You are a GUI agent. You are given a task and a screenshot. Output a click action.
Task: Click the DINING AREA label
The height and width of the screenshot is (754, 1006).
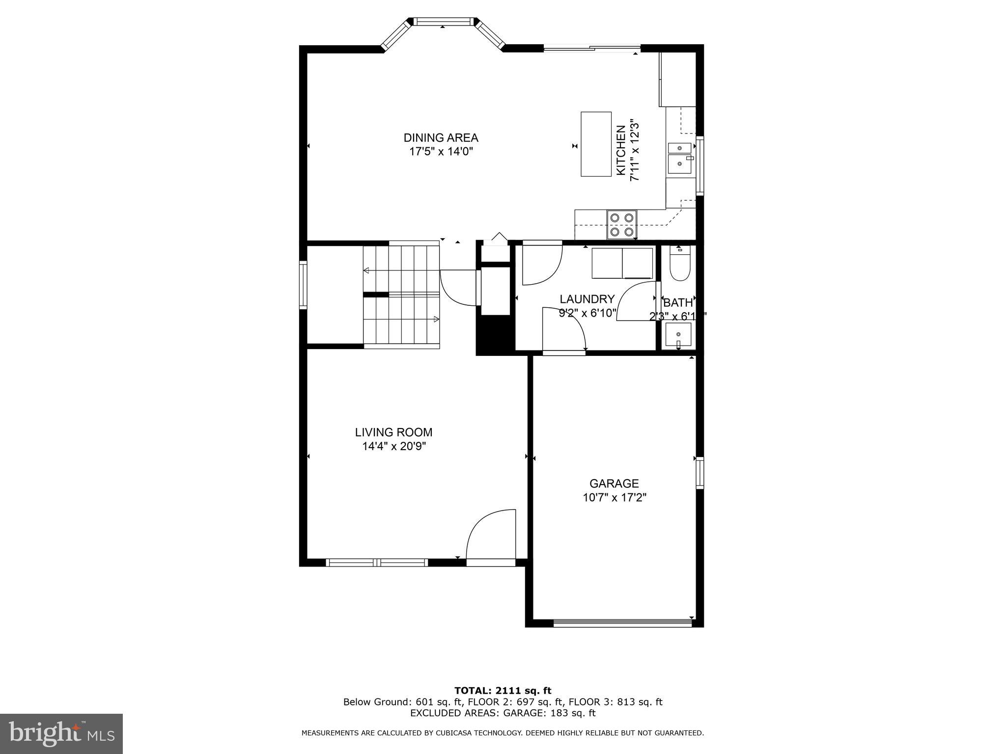441,138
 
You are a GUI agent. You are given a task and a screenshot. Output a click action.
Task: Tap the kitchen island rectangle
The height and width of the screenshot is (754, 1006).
596,144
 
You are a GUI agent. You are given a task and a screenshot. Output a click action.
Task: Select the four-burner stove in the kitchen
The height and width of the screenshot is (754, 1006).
621,224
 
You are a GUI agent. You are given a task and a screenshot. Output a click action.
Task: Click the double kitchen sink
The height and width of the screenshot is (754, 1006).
679,158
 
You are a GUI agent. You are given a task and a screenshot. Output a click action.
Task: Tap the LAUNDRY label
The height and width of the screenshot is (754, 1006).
587,299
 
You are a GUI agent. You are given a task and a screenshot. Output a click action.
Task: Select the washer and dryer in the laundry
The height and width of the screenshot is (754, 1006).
622,264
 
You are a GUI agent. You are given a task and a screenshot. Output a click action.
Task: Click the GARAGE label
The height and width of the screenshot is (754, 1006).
614,484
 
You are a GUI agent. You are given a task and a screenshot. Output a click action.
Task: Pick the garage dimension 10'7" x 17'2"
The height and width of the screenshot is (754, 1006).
614,497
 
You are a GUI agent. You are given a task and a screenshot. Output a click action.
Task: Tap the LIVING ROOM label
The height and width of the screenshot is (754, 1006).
393,432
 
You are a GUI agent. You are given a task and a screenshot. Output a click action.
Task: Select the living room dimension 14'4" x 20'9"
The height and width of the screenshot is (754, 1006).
393,446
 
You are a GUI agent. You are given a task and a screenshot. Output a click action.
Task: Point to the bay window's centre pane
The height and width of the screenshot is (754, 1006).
443,22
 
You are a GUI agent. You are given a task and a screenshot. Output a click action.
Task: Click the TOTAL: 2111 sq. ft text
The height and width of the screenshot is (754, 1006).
503,691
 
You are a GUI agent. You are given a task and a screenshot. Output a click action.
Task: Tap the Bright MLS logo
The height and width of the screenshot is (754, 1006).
61,734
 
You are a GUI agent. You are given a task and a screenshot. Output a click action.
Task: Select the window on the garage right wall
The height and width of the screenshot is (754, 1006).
699,472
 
